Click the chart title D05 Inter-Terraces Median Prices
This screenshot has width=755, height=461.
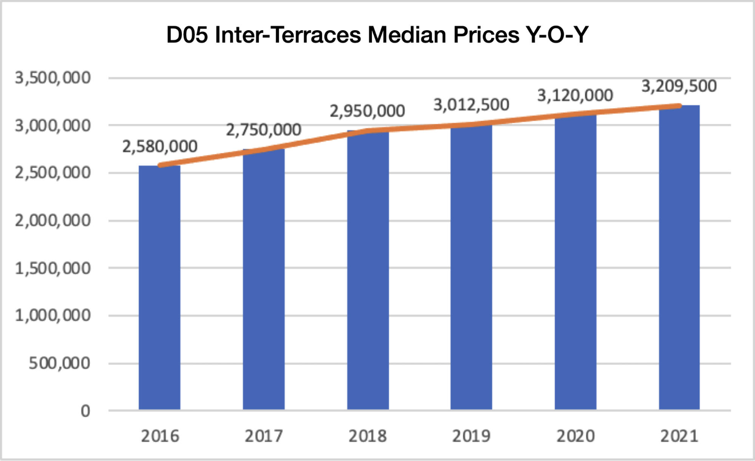pos(377,35)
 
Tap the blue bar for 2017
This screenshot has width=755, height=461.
pos(264,279)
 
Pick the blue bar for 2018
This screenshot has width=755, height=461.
pos(368,270)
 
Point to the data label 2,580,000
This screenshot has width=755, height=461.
pos(160,146)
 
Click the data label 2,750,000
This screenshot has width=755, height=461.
pos(264,130)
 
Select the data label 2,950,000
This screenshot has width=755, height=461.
pos(367,111)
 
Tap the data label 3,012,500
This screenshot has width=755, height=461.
pos(471,104)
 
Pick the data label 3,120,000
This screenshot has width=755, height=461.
pos(575,95)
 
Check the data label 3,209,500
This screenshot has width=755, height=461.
pos(679,86)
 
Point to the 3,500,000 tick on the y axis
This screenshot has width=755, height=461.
pos(53,78)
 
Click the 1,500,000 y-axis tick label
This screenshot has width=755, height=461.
pos(53,268)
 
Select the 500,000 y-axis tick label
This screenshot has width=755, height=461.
pos(60,363)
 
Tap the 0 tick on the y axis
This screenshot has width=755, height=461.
pos(85,411)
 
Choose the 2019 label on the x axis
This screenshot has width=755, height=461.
pos(471,436)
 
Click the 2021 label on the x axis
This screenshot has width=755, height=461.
pos(679,436)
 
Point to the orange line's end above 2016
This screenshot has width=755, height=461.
pos(161,165)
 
